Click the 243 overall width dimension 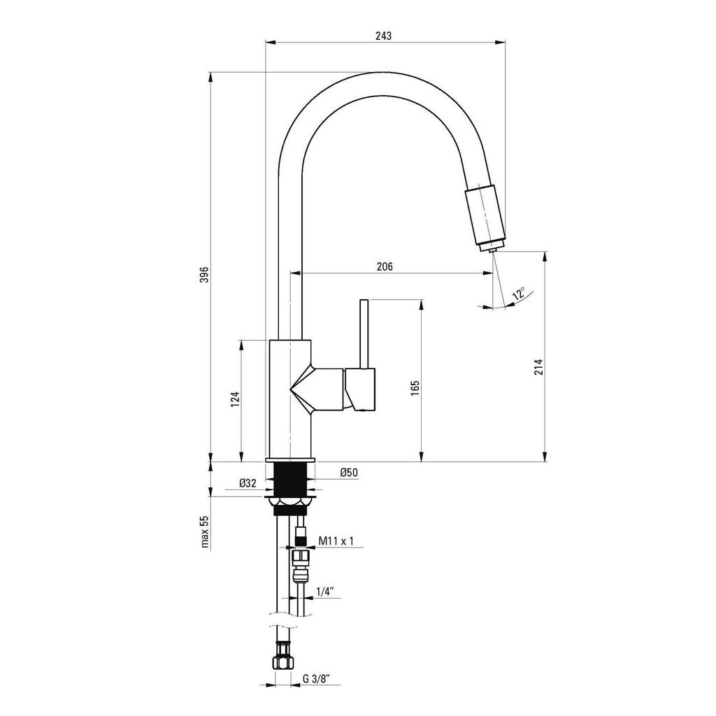pyautogui.click(x=384, y=36)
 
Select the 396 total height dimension pyautogui.click(x=205, y=274)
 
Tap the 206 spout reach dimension pyautogui.click(x=385, y=266)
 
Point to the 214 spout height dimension pyautogui.click(x=539, y=367)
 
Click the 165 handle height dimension pyautogui.click(x=415, y=387)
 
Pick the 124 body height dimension pyautogui.click(x=235, y=399)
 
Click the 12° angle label pyautogui.click(x=519, y=293)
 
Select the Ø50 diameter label pyautogui.click(x=349, y=473)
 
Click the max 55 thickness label pyautogui.click(x=205, y=531)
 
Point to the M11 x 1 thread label pyautogui.click(x=336, y=541)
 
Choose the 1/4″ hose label pyautogui.click(x=325, y=592)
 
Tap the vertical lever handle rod pyautogui.click(x=364, y=334)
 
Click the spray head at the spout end pyautogui.click(x=485, y=215)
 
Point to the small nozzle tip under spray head pyautogui.click(x=493, y=250)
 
